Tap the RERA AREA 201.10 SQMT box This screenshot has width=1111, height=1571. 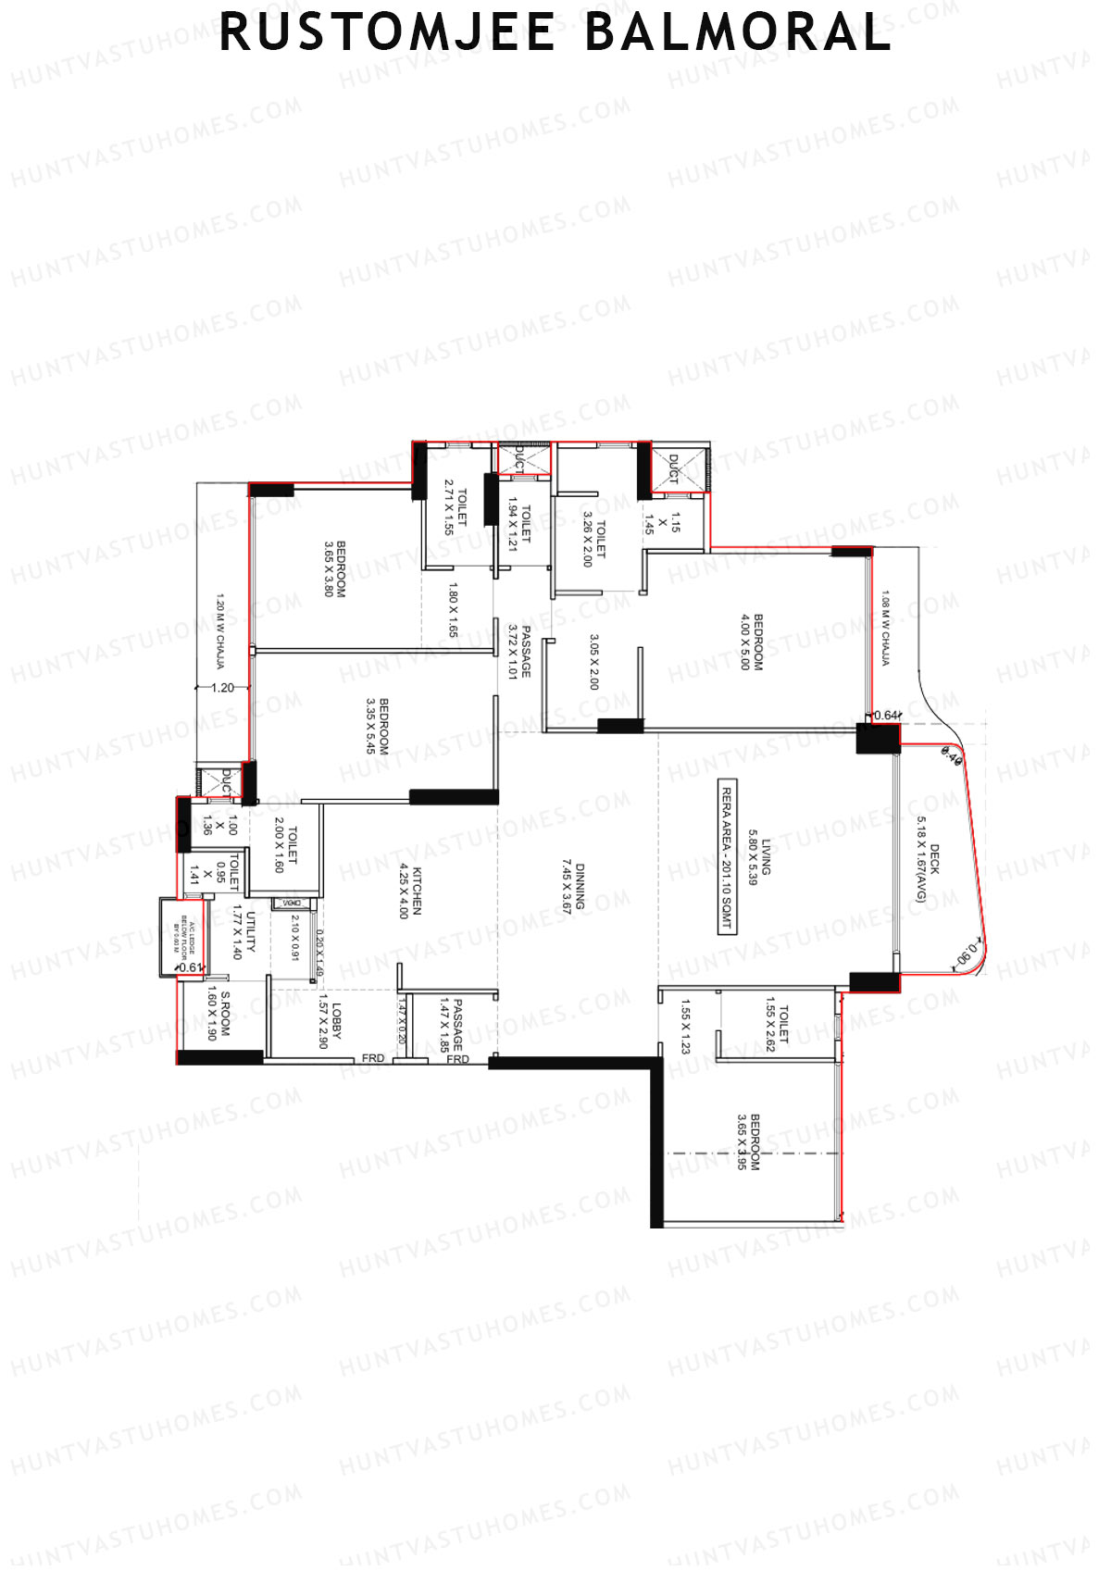tap(727, 857)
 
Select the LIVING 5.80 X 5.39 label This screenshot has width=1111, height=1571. tap(759, 857)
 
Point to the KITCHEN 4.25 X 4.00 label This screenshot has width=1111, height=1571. tap(410, 891)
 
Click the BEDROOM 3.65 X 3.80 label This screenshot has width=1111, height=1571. tap(334, 568)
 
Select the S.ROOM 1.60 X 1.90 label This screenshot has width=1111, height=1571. tap(218, 1014)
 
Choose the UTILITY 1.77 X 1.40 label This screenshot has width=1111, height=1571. tap(243, 934)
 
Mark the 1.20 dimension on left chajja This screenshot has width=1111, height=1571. tap(222, 688)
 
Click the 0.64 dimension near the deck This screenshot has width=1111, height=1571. tap(886, 715)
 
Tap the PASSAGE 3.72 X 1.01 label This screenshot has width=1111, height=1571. tap(518, 651)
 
